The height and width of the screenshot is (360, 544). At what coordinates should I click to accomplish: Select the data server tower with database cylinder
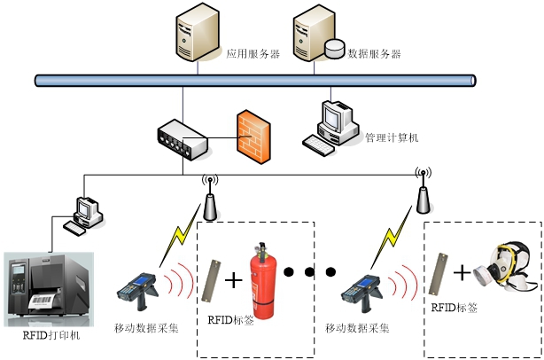[315, 35]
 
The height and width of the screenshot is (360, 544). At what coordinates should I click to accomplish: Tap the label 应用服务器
[253, 54]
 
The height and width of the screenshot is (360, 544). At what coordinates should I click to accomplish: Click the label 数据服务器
[374, 54]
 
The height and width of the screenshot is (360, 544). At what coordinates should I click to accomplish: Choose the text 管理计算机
[392, 138]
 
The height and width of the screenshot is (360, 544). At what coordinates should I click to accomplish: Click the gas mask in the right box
[506, 270]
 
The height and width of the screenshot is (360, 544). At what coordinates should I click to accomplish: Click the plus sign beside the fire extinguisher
[233, 281]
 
